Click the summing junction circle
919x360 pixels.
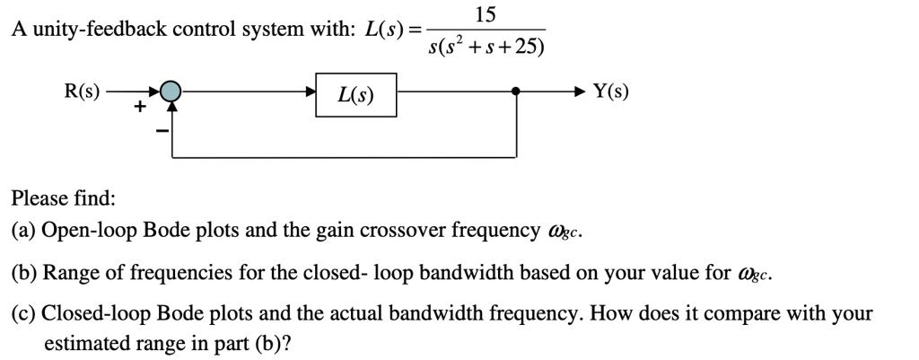tap(171, 91)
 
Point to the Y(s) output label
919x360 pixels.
tap(612, 91)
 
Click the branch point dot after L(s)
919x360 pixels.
tap(516, 91)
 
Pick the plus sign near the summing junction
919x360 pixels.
tap(139, 108)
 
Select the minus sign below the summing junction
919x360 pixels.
tap(162, 131)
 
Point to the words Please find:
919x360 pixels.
tap(64, 198)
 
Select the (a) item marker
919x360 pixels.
tap(23, 232)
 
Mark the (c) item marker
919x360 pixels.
tap(23, 314)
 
